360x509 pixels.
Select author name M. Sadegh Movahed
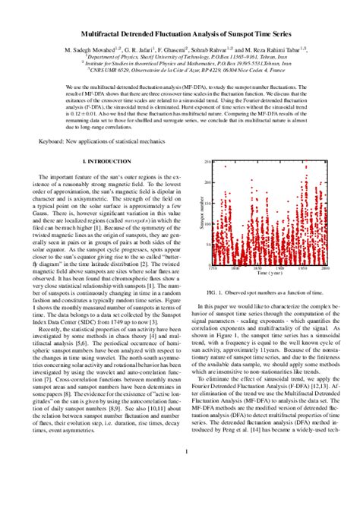84,48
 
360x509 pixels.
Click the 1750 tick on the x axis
213,269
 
